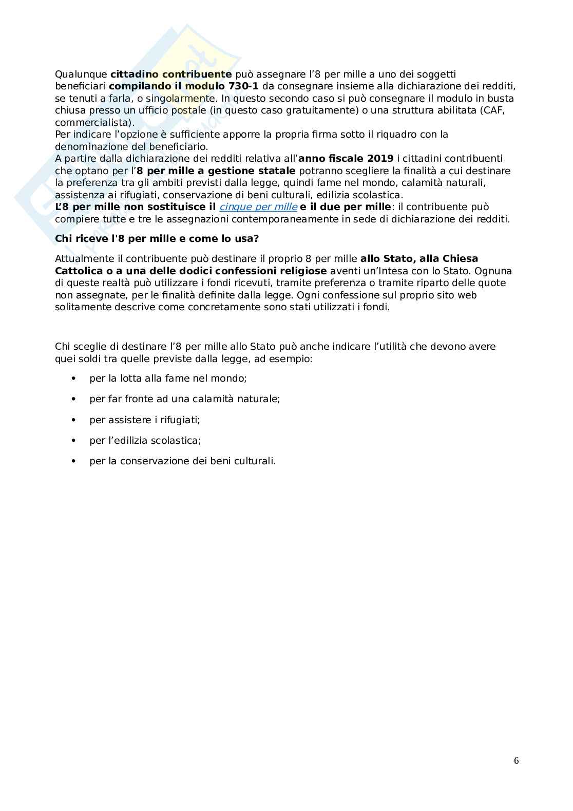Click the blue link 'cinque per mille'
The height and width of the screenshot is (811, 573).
(x=258, y=207)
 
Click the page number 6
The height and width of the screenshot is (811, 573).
(x=516, y=761)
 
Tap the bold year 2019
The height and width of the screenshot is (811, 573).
(x=380, y=159)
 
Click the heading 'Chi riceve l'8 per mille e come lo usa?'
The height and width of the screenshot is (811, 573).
(x=157, y=239)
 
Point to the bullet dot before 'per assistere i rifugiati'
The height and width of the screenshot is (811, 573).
(x=74, y=420)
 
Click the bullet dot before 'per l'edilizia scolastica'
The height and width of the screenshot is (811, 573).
(x=74, y=441)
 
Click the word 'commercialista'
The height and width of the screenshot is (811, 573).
(x=92, y=123)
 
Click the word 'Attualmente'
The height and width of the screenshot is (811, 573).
(x=82, y=258)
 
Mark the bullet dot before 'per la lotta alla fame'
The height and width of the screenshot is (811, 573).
(x=74, y=379)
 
